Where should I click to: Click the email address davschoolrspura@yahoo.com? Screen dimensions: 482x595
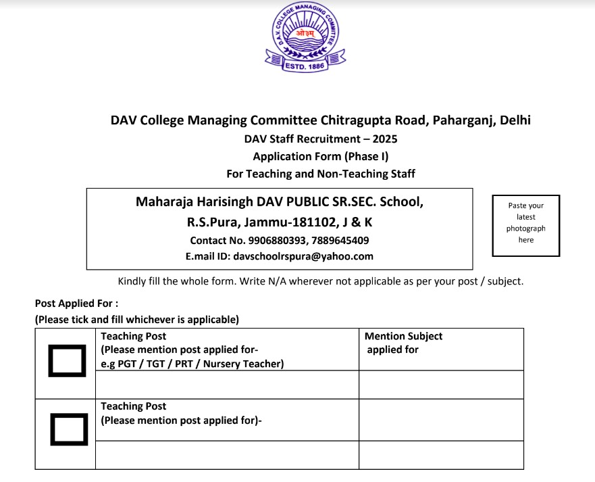click(303, 256)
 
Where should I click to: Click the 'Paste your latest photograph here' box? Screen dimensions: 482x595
click(526, 223)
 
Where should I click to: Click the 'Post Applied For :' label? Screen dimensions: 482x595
click(76, 304)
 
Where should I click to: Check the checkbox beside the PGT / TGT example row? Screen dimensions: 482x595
click(68, 361)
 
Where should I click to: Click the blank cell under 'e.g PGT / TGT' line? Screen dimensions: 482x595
click(227, 385)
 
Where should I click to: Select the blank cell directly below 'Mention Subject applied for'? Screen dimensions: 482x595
click(440, 385)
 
